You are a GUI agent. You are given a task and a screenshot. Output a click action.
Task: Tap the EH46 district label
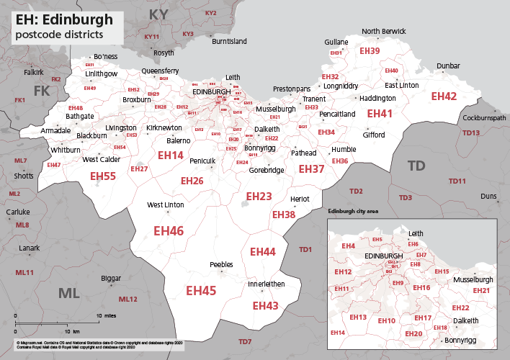[x=169, y=231]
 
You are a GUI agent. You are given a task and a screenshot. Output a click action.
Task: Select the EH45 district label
[x=201, y=290]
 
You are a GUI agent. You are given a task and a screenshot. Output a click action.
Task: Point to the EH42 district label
[x=444, y=96]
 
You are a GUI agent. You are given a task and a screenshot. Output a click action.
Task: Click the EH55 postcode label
[x=103, y=176]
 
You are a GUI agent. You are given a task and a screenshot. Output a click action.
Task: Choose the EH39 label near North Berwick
[x=369, y=51]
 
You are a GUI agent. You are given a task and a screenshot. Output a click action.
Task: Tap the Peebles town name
[x=221, y=265]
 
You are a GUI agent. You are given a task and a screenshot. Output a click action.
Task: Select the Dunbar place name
[x=448, y=66]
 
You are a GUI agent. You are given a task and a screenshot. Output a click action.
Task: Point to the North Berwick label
[x=384, y=32]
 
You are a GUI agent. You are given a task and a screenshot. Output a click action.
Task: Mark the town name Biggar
[x=111, y=278]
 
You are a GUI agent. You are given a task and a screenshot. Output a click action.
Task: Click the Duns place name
[x=489, y=196]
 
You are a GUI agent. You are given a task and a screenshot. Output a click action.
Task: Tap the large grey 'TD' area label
[x=416, y=166]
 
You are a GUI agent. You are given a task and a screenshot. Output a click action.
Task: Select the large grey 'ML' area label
[x=69, y=292]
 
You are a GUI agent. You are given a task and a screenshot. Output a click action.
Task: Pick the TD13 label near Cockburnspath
[x=471, y=132]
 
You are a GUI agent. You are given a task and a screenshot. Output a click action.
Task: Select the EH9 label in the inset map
[x=398, y=283]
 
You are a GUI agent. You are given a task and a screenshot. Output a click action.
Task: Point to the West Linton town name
[x=166, y=205]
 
